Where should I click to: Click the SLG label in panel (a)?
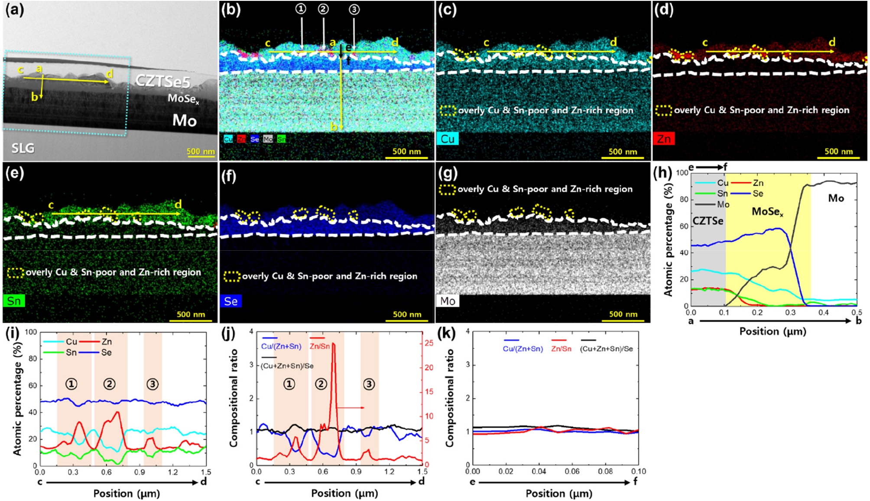[23, 148]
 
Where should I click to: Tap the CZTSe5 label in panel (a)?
[162, 81]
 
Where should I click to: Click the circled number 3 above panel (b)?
[354, 10]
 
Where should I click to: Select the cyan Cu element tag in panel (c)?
[447, 139]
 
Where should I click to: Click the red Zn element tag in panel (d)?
[663, 139]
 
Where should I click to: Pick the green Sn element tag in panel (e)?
[14, 301]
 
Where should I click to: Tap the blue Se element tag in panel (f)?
[230, 301]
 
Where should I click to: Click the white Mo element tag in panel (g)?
[447, 301]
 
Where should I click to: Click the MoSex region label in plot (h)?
[767, 212]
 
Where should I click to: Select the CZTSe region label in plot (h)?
[708, 221]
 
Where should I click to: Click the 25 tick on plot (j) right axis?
[429, 343]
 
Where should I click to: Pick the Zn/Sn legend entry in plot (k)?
[561, 349]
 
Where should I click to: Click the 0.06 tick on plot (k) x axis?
[572, 472]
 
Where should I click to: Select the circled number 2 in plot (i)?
[109, 384]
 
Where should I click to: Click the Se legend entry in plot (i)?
[106, 353]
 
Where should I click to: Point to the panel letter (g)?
[448, 174]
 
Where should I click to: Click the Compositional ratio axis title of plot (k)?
[450, 398]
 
